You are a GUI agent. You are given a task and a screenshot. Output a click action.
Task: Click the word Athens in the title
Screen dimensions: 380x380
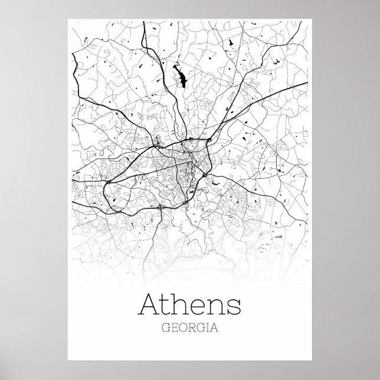click(189, 306)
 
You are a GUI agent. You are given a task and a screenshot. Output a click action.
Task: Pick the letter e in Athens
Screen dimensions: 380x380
click(201, 309)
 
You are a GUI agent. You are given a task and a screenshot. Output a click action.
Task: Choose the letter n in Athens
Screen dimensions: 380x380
click(217, 309)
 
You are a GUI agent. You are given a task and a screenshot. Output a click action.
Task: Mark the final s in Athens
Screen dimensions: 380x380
click(234, 309)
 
